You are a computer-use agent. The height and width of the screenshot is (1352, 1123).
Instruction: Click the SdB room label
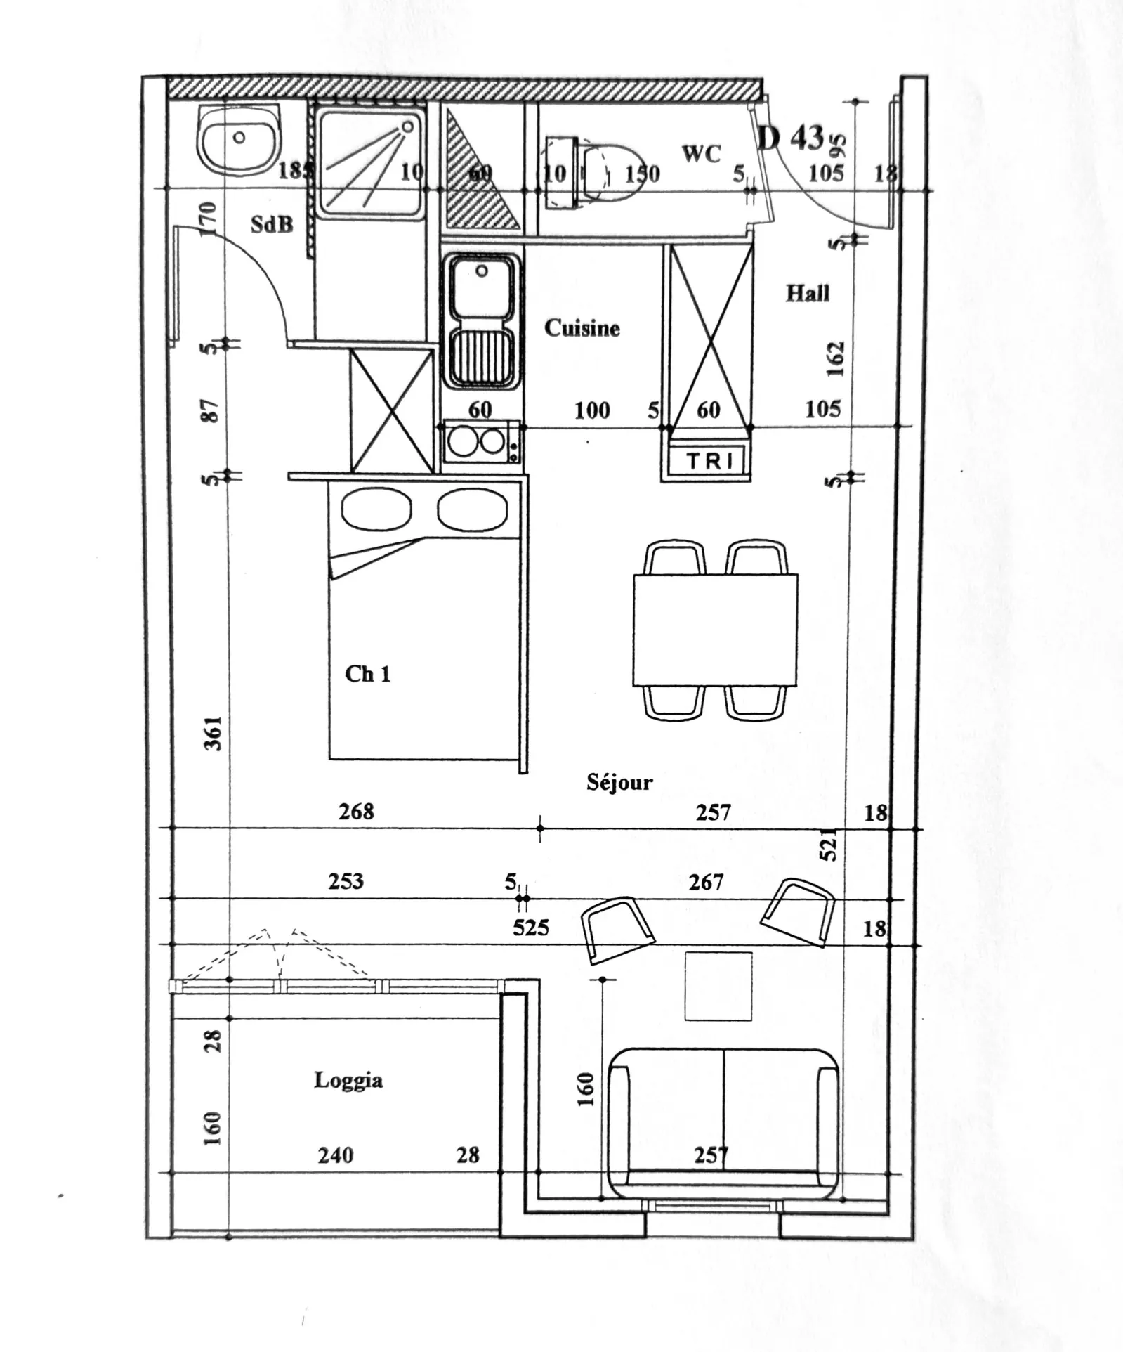[x=272, y=224]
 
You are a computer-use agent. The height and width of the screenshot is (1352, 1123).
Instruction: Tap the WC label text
[x=701, y=154]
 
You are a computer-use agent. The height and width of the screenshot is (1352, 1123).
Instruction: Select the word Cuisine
[x=582, y=328]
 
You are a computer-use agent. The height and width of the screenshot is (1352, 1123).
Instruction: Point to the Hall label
[x=807, y=293]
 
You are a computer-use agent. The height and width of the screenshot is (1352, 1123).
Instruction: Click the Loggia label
[x=348, y=1079]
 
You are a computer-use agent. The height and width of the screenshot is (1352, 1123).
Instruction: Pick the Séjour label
[x=619, y=781]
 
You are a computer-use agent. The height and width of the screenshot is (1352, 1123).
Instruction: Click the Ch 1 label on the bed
[x=367, y=674]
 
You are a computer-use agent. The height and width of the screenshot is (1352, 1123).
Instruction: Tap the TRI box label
[x=709, y=461]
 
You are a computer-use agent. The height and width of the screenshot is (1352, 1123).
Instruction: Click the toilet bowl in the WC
[x=611, y=172]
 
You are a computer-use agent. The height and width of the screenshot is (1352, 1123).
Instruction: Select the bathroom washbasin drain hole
[x=239, y=138]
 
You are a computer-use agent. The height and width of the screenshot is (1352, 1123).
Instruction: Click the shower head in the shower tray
[x=407, y=126]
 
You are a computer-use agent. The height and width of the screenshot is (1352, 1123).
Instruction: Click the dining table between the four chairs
[x=715, y=630]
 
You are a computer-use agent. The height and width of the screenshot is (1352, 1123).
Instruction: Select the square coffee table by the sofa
[x=718, y=986]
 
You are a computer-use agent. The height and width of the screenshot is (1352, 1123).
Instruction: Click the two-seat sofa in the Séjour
[x=723, y=1124]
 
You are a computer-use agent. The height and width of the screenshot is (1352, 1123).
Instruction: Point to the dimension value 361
[x=214, y=733]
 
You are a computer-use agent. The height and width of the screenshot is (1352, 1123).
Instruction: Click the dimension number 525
[x=530, y=928]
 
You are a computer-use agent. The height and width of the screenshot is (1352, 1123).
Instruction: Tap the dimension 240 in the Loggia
[x=335, y=1155]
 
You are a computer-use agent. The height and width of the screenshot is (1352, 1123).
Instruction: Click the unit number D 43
[x=791, y=138]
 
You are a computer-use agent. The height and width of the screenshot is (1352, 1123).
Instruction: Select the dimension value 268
[x=356, y=812]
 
